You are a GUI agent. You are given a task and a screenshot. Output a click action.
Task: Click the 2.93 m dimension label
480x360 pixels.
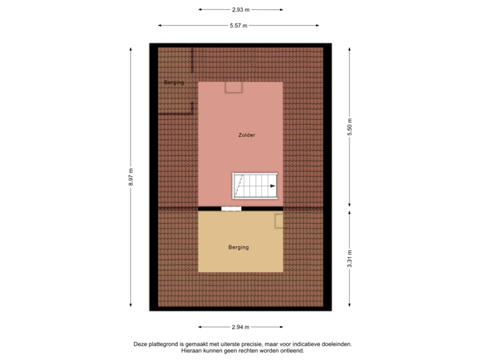click(x=241, y=10)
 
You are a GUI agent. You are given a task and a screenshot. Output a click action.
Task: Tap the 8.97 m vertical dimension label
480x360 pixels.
click(x=132, y=177)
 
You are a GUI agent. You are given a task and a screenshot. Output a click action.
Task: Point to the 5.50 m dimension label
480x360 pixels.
click(x=349, y=127)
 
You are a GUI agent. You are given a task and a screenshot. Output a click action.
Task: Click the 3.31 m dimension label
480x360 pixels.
click(x=349, y=258)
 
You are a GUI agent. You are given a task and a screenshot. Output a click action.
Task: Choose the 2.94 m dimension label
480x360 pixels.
click(x=241, y=327)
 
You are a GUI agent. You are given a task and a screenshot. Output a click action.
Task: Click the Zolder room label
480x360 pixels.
click(x=247, y=135)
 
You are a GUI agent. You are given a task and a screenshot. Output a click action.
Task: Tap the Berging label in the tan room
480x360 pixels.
click(x=238, y=247)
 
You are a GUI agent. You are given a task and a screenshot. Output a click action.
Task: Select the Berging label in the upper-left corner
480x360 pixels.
click(x=174, y=83)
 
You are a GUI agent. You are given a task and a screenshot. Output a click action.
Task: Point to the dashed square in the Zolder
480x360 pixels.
click(x=234, y=87)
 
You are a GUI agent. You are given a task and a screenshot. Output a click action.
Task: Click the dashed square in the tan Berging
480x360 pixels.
click(x=279, y=220)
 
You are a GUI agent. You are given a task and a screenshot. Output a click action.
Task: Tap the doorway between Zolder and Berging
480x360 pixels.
click(x=231, y=209)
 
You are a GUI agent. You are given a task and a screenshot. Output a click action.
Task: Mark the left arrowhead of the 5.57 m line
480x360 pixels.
click(x=159, y=26)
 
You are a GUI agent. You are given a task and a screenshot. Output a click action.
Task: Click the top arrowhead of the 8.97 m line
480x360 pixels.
click(x=132, y=49)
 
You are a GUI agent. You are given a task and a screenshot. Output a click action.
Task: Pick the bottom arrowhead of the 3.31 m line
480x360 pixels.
click(x=349, y=306)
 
